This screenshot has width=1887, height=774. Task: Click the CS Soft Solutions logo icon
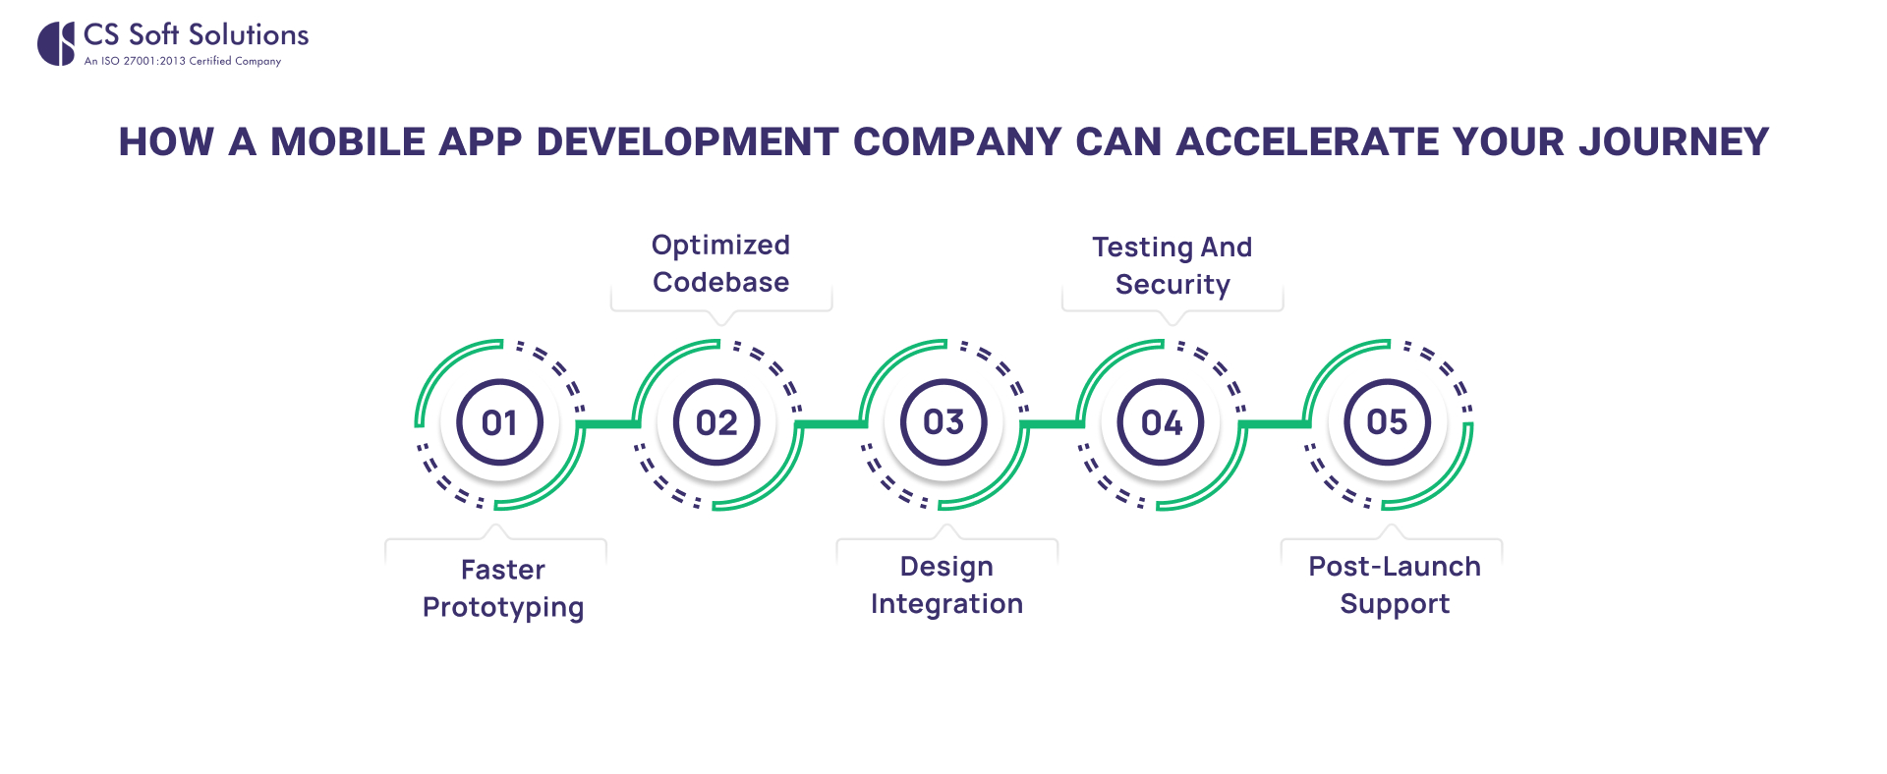click(x=56, y=44)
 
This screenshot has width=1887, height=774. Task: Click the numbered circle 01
click(x=499, y=422)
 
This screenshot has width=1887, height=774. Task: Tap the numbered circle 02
click(x=716, y=422)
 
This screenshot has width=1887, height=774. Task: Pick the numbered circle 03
click(x=943, y=422)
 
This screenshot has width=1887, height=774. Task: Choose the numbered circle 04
click(x=1161, y=422)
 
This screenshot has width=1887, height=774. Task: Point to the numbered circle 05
click(x=1387, y=422)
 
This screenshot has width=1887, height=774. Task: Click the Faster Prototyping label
click(x=502, y=587)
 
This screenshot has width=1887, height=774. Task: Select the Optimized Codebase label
click(x=720, y=263)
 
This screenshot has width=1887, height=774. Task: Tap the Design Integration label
click(x=946, y=584)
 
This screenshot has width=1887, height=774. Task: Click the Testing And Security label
click(x=1172, y=265)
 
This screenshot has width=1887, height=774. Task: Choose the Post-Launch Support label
click(x=1394, y=584)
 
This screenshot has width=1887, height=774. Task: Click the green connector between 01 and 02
click(x=608, y=424)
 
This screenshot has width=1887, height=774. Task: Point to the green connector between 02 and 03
click(x=830, y=424)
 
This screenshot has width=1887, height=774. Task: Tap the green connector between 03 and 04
click(x=1053, y=424)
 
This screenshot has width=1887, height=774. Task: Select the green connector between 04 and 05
click(x=1275, y=424)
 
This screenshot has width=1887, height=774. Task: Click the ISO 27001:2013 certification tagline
click(x=183, y=61)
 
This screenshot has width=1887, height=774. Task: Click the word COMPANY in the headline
click(x=957, y=142)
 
